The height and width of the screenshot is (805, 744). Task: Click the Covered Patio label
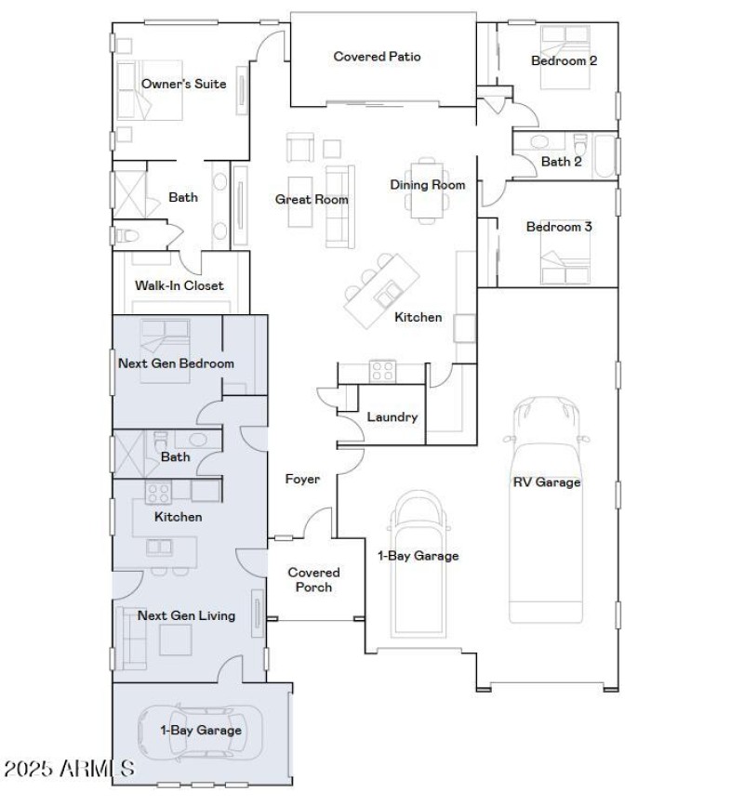(x=377, y=57)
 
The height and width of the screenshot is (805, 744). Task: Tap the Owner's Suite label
(x=183, y=84)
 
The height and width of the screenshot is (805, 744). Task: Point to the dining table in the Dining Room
(x=428, y=195)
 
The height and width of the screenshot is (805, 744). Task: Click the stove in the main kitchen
(x=382, y=371)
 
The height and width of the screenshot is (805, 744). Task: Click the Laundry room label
(x=392, y=417)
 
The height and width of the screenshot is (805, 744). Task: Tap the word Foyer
(x=302, y=480)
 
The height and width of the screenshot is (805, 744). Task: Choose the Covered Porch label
(x=313, y=579)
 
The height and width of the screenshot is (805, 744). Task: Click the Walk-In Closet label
(x=179, y=285)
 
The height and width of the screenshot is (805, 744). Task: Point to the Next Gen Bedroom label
(x=176, y=363)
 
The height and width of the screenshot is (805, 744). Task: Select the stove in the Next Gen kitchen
(x=157, y=492)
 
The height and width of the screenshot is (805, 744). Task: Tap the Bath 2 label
(x=563, y=162)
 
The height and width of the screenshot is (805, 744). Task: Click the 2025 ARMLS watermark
(x=69, y=769)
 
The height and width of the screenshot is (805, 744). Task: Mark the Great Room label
(x=312, y=199)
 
